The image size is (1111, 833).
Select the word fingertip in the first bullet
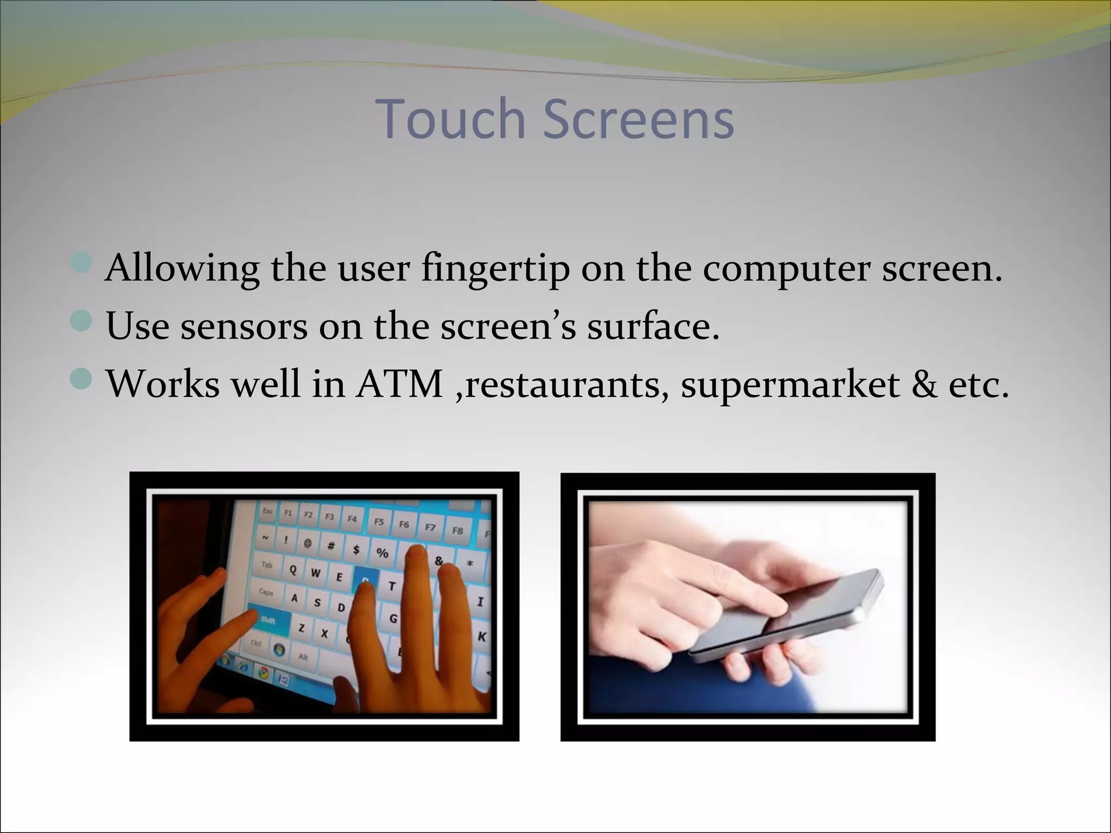tap(495, 268)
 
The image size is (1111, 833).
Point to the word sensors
tap(244, 326)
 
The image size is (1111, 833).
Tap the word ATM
tap(399, 385)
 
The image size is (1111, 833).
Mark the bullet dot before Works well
tap(81, 379)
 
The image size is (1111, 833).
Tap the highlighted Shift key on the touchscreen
tap(269, 619)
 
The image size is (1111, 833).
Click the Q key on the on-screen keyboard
tap(293, 569)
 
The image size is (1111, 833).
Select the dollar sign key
tap(356, 549)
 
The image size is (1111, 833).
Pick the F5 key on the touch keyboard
tap(379, 521)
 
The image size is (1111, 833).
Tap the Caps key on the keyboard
tap(266, 592)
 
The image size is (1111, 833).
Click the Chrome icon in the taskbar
tap(264, 673)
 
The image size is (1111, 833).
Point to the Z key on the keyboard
tap(301, 628)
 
